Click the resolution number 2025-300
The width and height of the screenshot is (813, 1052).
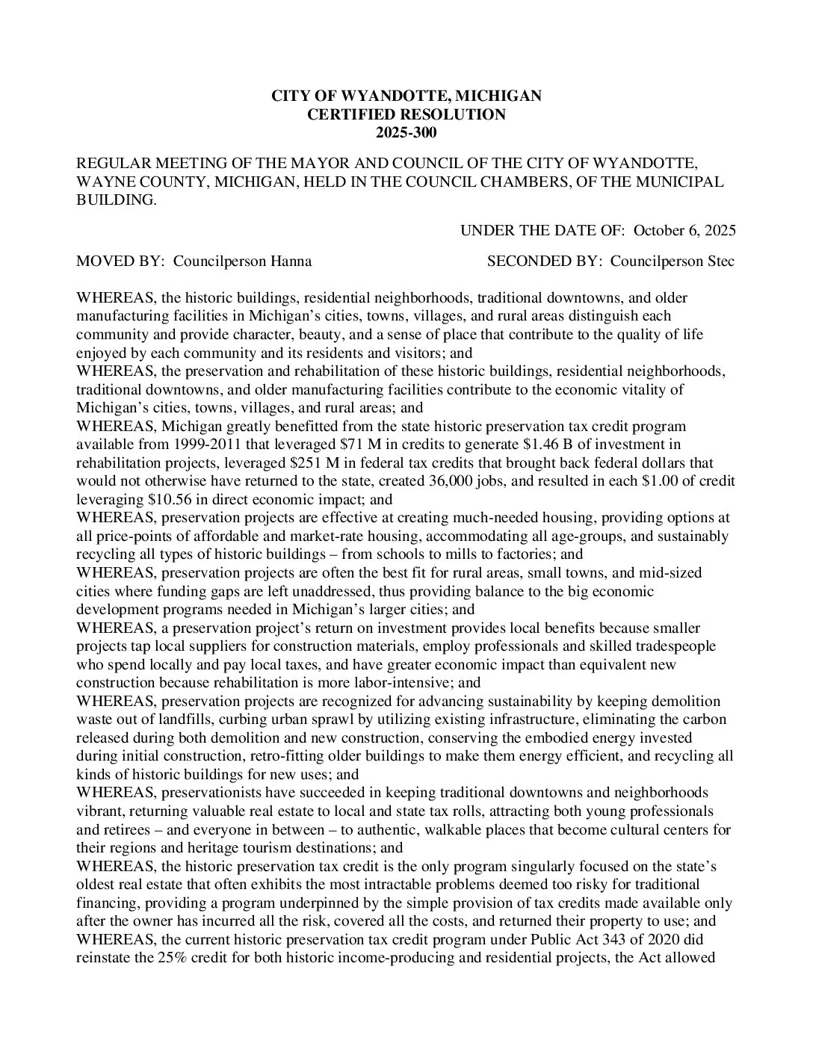(406, 133)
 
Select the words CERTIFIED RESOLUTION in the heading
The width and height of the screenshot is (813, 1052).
(406, 114)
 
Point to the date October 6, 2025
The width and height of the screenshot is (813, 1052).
(684, 230)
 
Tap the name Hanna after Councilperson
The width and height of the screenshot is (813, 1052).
(294, 262)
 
